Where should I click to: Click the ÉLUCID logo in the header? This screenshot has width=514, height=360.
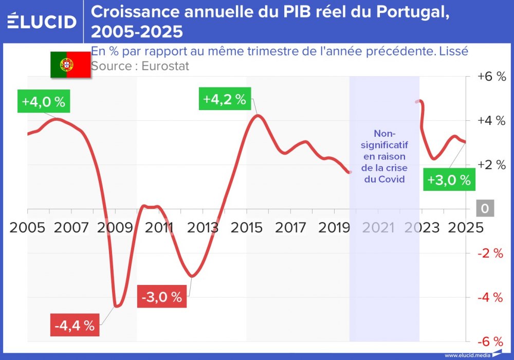[42, 21]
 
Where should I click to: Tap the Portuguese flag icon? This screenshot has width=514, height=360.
[70, 65]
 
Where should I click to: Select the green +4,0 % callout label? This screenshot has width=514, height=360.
[43, 101]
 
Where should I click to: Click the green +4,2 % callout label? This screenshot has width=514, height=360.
[225, 99]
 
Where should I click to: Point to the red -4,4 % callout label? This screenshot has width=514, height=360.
[75, 325]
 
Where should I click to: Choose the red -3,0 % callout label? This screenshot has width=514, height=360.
[162, 297]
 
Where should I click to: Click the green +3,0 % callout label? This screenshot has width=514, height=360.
[449, 180]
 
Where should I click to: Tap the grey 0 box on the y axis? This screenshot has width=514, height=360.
[485, 209]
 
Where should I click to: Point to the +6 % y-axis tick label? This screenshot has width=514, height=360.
[491, 76]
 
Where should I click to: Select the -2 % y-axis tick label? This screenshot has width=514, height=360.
[491, 253]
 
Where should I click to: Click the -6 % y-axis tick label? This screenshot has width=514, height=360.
[491, 341]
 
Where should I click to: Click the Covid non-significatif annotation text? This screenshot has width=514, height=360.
[384, 156]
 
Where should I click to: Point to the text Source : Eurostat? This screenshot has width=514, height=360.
[140, 66]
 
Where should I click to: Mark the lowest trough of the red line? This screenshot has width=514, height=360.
[118, 306]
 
